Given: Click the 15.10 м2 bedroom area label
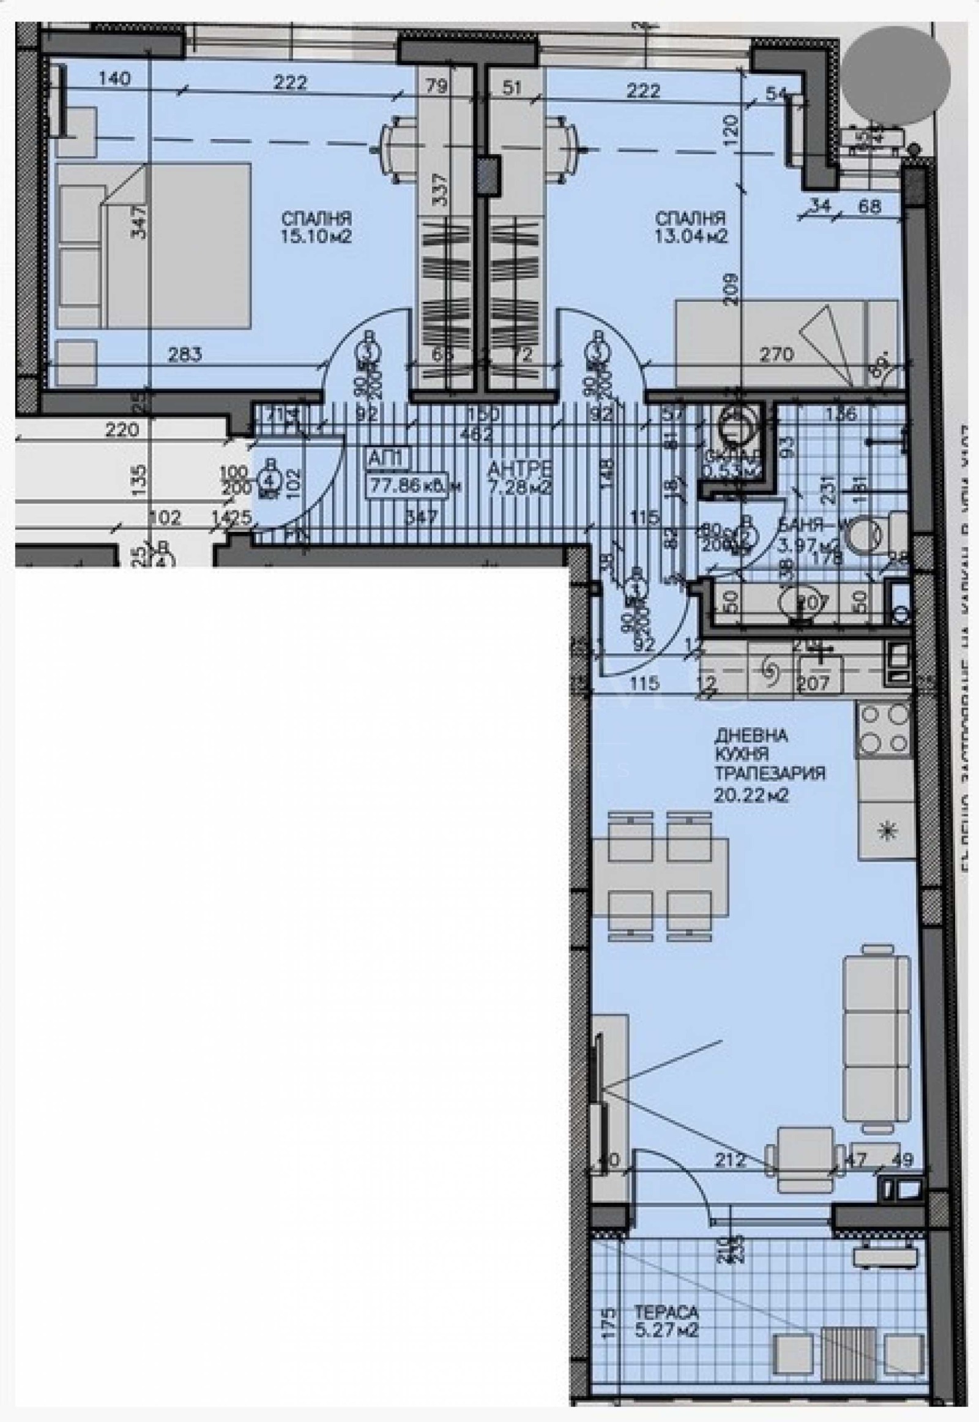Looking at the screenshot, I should [x=316, y=237].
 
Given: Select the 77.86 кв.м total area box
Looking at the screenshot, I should [x=414, y=487].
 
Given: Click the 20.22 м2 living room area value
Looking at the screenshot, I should [x=751, y=796].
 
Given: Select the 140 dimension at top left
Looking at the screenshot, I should [x=114, y=78].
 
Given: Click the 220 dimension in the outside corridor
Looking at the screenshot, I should [x=122, y=430].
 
